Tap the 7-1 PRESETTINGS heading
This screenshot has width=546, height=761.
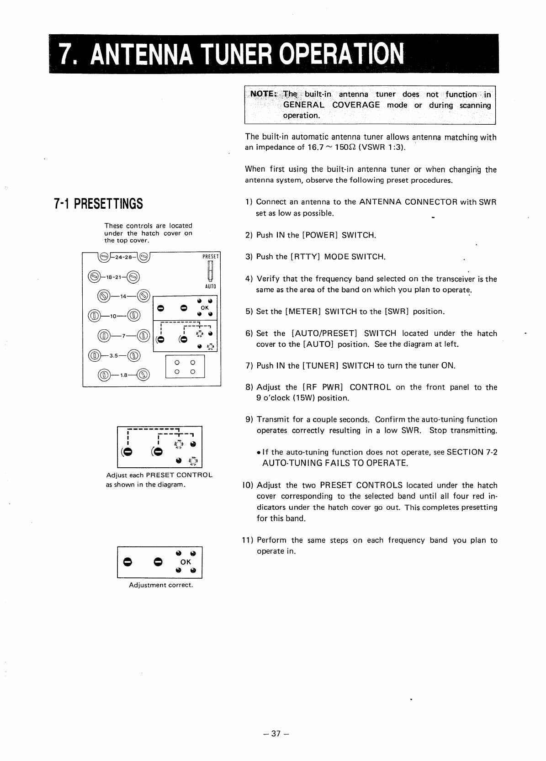(98, 203)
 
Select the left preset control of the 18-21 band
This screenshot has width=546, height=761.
(94, 277)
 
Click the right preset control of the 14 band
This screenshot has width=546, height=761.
(143, 296)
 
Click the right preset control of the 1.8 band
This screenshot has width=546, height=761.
(143, 375)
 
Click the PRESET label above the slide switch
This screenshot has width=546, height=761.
(211, 257)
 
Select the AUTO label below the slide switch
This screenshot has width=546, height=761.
(211, 286)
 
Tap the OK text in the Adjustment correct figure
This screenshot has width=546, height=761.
(186, 562)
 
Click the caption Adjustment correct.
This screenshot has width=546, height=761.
(161, 585)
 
